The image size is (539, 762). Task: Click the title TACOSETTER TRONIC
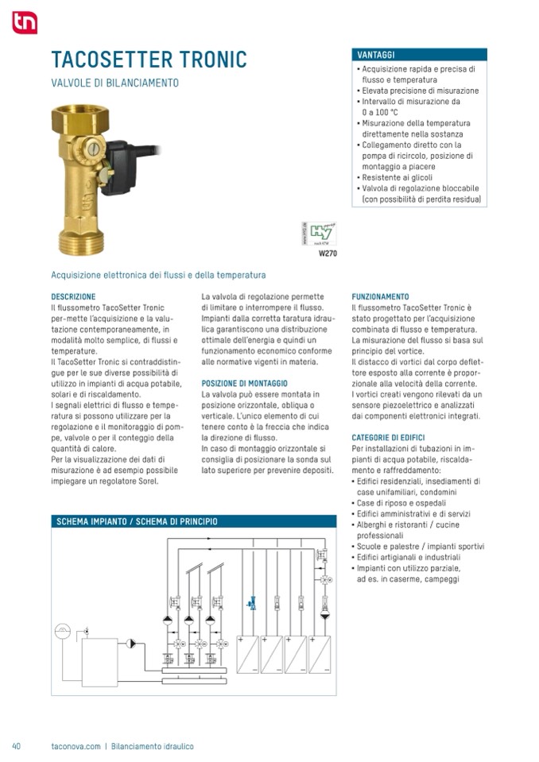149,60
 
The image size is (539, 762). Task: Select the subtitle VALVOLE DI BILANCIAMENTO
114,83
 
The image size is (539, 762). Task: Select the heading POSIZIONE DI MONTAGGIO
244,383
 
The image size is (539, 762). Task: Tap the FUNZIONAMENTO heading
380,296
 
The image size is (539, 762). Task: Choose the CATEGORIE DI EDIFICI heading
388,437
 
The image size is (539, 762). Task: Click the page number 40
16,746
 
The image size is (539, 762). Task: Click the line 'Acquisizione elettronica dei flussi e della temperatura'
158,275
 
